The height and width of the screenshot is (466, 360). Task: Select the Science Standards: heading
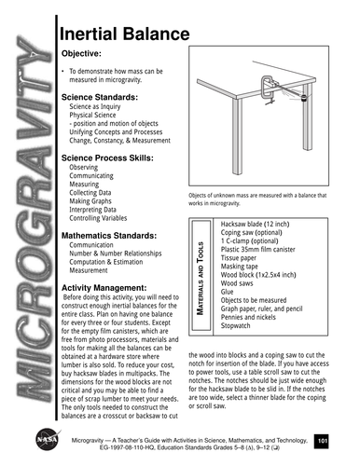tap(108, 96)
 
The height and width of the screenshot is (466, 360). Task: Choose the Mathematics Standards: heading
tap(114, 236)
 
